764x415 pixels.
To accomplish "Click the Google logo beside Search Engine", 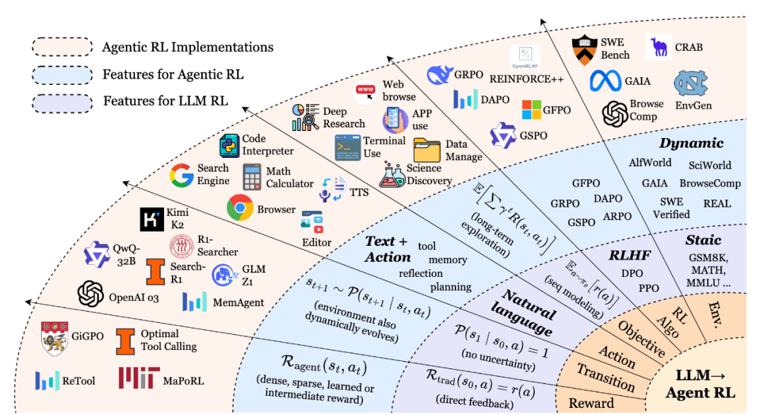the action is [181, 176].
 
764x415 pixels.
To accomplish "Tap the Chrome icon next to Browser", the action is [240, 207].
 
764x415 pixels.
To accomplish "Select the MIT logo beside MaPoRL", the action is [139, 378].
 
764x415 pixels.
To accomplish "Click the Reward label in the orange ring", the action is [591, 403].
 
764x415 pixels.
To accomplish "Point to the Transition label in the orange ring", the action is [606, 377].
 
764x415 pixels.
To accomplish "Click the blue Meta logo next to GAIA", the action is [605, 81].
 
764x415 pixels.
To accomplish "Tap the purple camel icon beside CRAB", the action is [659, 47].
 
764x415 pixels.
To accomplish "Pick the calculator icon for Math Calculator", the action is [252, 176].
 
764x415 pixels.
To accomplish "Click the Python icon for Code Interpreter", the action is [229, 145].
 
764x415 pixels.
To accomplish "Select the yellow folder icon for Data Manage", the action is [427, 149].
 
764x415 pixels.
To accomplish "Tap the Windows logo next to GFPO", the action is [531, 110].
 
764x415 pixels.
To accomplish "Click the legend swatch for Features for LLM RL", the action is [62, 103].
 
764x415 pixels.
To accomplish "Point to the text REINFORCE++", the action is [526, 79].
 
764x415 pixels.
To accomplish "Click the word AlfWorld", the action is [650, 162].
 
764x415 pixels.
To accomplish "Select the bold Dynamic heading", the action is [691, 143].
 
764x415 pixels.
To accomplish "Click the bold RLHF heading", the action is [630, 255].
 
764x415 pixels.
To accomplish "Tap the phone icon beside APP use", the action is [395, 120].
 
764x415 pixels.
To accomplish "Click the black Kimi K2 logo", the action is [151, 220].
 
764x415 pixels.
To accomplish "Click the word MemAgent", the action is [238, 302].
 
